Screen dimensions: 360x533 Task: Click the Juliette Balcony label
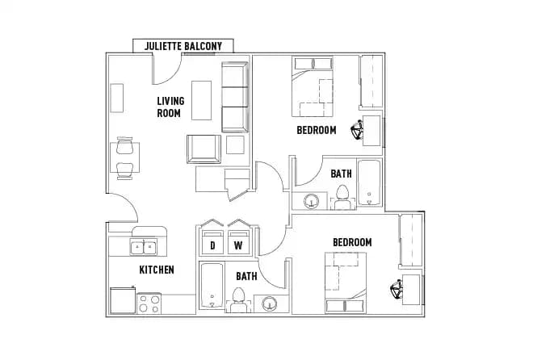pos(183,46)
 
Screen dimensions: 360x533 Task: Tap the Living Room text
pos(170,107)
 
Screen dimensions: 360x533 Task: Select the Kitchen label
pos(157,270)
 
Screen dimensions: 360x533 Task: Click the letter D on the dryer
pos(213,245)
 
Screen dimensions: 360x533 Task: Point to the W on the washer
pos(238,245)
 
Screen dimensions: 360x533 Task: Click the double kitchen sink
pos(144,247)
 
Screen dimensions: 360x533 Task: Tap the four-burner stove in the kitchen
pos(149,303)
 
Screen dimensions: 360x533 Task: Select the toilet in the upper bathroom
pos(342,196)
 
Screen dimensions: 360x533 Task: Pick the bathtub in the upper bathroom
pos(369,184)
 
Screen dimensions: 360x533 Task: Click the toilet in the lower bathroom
pos(238,302)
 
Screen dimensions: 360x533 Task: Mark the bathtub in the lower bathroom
pos(212,287)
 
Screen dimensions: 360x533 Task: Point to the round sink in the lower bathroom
pos(269,304)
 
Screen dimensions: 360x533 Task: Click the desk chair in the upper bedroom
pos(357,129)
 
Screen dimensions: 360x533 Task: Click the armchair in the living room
pos(204,149)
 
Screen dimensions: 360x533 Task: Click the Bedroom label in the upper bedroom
pos(317,130)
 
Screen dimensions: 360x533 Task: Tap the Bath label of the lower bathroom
pos(246,276)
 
